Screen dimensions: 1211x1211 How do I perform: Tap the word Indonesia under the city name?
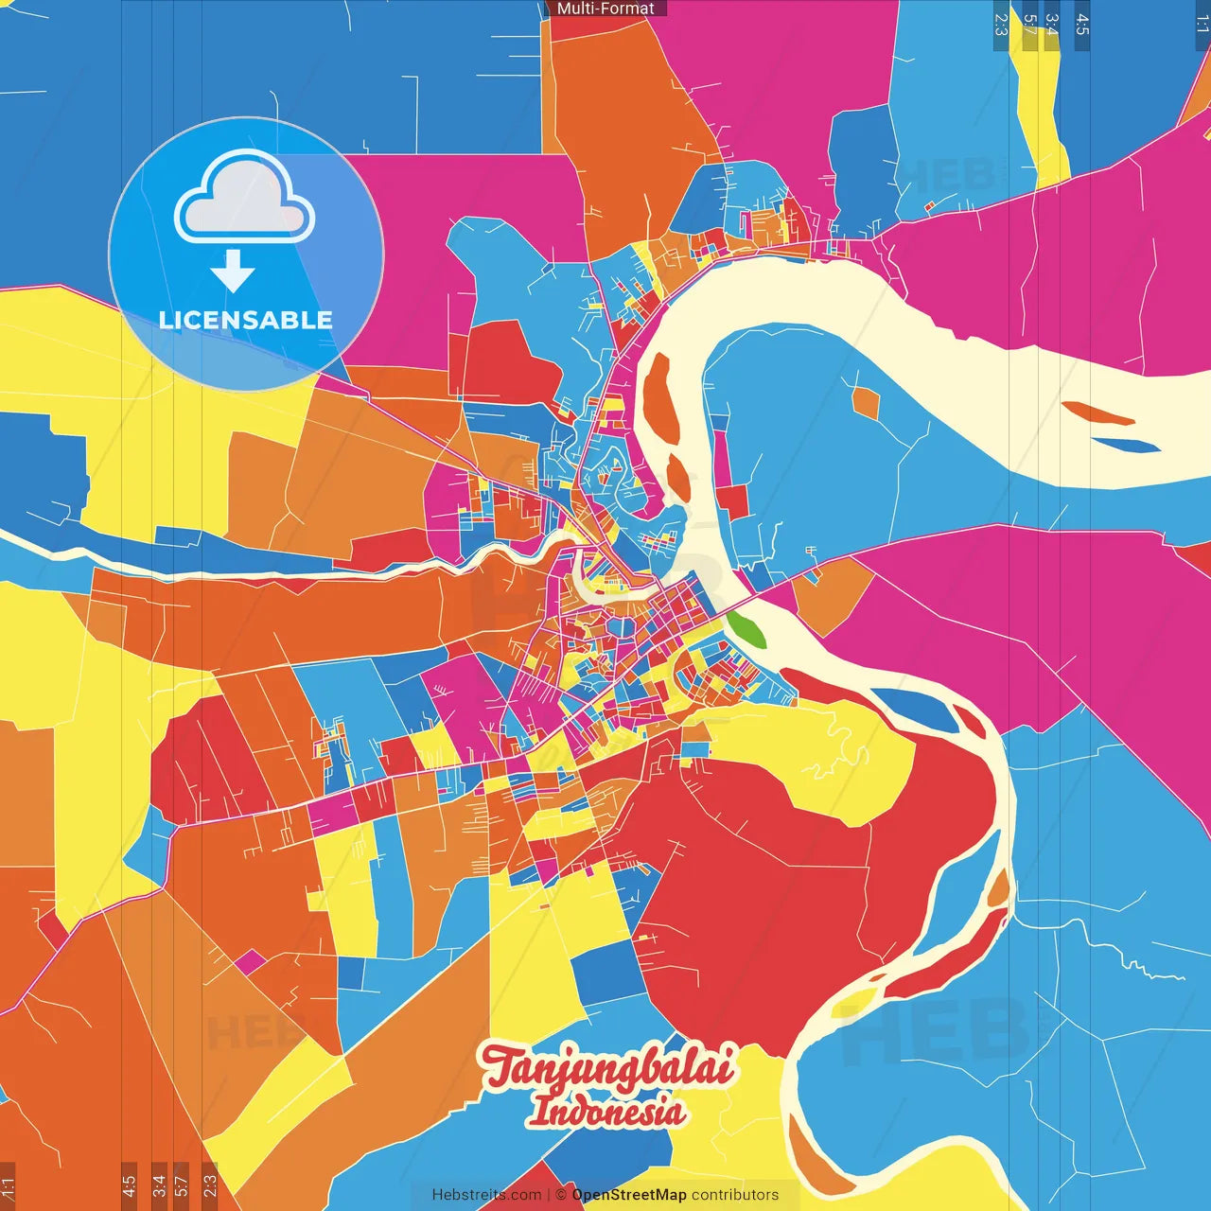click(x=607, y=1110)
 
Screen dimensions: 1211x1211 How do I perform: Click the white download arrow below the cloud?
click(x=233, y=272)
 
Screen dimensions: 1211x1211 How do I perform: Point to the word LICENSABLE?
click(x=246, y=320)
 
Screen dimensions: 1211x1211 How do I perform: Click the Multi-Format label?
click(x=605, y=9)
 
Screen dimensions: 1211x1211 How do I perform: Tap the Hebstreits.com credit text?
click(x=486, y=1195)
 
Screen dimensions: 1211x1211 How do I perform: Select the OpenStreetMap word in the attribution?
click(x=629, y=1195)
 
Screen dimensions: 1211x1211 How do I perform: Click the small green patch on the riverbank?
click(x=746, y=629)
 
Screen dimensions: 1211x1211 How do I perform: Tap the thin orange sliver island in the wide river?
click(x=1097, y=413)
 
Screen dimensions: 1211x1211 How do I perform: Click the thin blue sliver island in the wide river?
click(x=1126, y=444)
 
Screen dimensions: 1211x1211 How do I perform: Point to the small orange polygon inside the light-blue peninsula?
click(x=865, y=402)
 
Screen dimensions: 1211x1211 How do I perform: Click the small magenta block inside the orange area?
click(x=250, y=962)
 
